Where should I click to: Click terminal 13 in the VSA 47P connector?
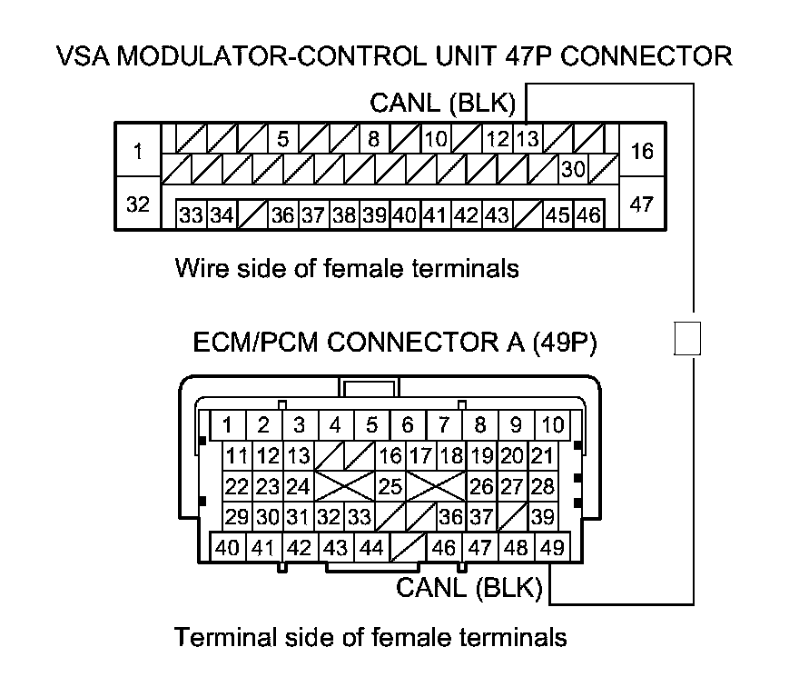click(528, 140)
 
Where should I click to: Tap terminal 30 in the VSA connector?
click(572, 168)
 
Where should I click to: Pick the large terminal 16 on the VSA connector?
click(642, 151)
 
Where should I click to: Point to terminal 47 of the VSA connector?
click(642, 204)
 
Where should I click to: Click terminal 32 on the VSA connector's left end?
click(138, 204)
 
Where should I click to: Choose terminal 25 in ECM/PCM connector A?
click(390, 486)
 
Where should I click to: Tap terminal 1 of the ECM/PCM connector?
click(228, 424)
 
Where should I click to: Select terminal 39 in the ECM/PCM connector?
click(543, 517)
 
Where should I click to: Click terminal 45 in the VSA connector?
click(557, 215)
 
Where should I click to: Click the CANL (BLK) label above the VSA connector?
click(443, 104)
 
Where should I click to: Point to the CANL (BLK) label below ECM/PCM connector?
click(469, 588)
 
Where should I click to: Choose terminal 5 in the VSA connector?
click(282, 140)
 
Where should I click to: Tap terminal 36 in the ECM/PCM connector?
click(450, 517)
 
